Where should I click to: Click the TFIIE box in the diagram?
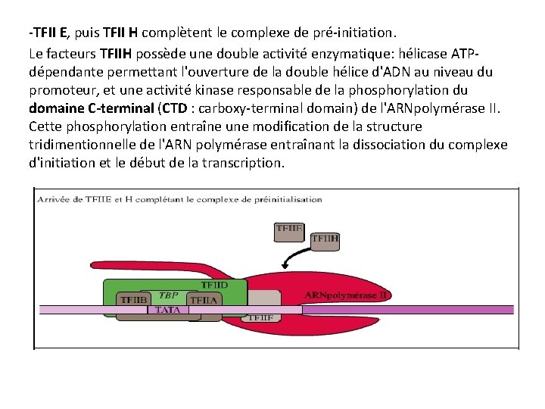pyautogui.click(x=288, y=229)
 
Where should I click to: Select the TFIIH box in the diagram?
pyautogui.click(x=325, y=240)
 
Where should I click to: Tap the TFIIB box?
pyautogui.click(x=135, y=300)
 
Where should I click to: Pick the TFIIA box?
pyautogui.click(x=202, y=300)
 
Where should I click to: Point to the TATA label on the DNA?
pyautogui.click(x=168, y=310)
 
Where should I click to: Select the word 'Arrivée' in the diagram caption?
pyautogui.click(x=54, y=200)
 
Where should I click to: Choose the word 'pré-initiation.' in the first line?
pyautogui.click(x=366, y=33)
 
